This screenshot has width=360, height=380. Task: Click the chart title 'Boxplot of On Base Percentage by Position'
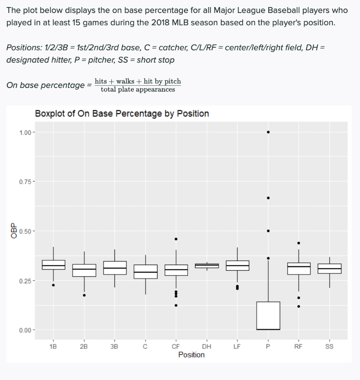pyautogui.click(x=122, y=114)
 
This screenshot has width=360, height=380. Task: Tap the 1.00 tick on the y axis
pyautogui.click(x=25, y=132)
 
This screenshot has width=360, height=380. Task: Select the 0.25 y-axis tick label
pyautogui.click(x=25, y=281)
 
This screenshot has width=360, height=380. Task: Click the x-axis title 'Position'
pyautogui.click(x=191, y=355)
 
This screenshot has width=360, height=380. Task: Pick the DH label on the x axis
pyautogui.click(x=207, y=347)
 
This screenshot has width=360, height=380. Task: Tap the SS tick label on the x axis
pyautogui.click(x=329, y=347)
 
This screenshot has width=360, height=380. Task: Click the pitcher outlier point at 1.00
pyautogui.click(x=268, y=132)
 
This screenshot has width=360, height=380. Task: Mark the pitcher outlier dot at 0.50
pyautogui.click(x=268, y=231)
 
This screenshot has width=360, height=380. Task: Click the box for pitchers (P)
pyautogui.click(x=268, y=315)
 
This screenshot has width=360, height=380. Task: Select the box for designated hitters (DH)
pyautogui.click(x=207, y=266)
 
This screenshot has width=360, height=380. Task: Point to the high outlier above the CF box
pyautogui.click(x=176, y=239)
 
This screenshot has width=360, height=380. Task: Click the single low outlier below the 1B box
pyautogui.click(x=53, y=285)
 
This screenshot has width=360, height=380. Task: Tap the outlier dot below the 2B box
pyautogui.click(x=84, y=295)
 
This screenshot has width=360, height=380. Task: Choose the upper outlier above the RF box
pyautogui.click(x=299, y=243)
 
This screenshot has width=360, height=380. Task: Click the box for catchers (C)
pyautogui.click(x=145, y=272)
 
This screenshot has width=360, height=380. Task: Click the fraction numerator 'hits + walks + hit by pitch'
pyautogui.click(x=138, y=81)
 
